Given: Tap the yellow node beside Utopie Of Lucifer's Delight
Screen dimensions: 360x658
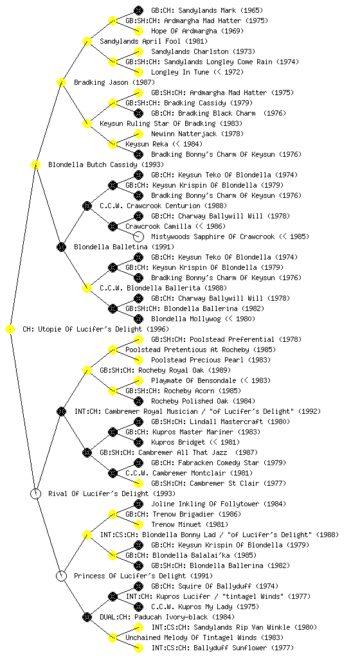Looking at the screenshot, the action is (x=10, y=330).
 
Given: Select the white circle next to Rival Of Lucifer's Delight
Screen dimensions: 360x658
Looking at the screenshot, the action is (x=35, y=493).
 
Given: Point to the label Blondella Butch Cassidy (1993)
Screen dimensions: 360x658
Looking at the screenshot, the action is (x=106, y=164).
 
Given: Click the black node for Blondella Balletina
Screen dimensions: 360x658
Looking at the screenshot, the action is (x=61, y=247).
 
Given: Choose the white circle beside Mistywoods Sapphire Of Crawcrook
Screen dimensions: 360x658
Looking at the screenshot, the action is (x=138, y=236).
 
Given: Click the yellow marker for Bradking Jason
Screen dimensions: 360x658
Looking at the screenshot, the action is (x=61, y=82).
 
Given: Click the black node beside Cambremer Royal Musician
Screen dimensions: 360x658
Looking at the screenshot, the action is (x=61, y=411).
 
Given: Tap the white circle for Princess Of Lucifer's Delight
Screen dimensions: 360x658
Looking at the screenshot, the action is (x=61, y=576).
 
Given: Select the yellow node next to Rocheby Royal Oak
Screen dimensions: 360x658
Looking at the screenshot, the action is (x=87, y=370).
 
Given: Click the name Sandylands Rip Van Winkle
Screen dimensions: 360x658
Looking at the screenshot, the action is (x=237, y=627).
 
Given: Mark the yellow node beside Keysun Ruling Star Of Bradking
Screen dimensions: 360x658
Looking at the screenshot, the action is (x=87, y=123).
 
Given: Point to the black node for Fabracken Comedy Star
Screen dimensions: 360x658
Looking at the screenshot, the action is (x=138, y=463).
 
